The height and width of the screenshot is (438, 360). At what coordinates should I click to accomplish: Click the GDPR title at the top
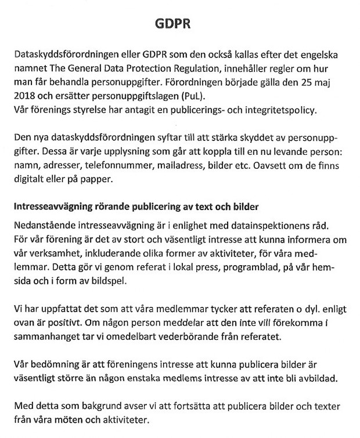(x=172, y=24)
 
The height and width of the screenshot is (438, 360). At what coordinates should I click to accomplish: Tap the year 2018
(x=24, y=96)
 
